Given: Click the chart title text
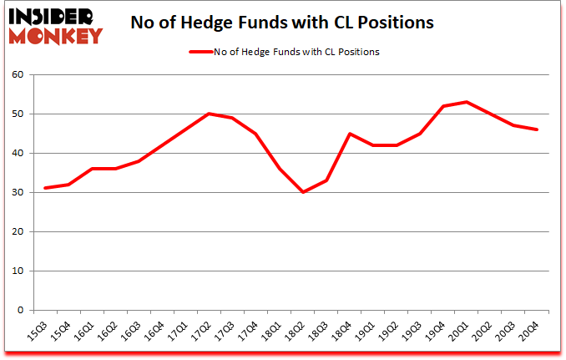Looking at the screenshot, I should coord(282,23).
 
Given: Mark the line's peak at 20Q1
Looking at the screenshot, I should coord(467,102).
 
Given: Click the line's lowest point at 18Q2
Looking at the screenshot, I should coord(302,192).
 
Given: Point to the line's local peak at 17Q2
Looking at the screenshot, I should coord(208,114).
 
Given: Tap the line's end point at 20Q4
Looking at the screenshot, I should coord(538,129).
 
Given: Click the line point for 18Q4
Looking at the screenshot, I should coord(350,134).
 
